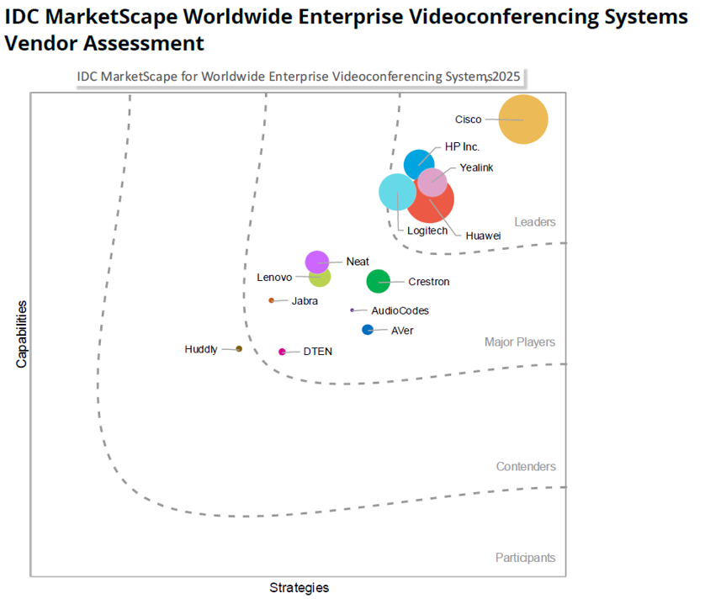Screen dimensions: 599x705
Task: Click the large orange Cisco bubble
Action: pyautogui.click(x=523, y=119)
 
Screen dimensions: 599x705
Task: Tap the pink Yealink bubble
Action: pyautogui.click(x=434, y=181)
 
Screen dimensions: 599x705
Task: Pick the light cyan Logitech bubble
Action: pyautogui.click(x=395, y=193)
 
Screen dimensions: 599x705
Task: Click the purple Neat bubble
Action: pyautogui.click(x=316, y=262)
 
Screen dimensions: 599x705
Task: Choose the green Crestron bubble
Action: pyautogui.click(x=379, y=281)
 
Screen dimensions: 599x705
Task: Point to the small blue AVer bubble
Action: pyautogui.click(x=368, y=330)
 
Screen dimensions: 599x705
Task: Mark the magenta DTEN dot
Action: pyautogui.click(x=283, y=352)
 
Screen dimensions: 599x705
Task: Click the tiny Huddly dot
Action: pyautogui.click(x=239, y=348)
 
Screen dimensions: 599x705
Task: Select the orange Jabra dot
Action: pyautogui.click(x=271, y=300)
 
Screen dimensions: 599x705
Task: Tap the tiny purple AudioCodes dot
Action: pyautogui.click(x=352, y=310)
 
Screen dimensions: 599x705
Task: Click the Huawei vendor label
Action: pyautogui.click(x=483, y=236)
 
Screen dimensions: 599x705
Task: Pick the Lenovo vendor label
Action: pyautogui.click(x=274, y=277)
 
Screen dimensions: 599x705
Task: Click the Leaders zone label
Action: pyautogui.click(x=535, y=222)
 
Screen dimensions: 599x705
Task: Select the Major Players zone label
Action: pyautogui.click(x=520, y=342)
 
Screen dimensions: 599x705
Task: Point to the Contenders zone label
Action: pyautogui.click(x=526, y=467)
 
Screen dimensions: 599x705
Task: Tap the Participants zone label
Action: pyautogui.click(x=525, y=558)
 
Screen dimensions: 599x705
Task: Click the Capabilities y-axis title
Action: pyautogui.click(x=22, y=334)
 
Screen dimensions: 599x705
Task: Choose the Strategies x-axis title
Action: pyautogui.click(x=299, y=587)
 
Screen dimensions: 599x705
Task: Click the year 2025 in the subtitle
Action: pyautogui.click(x=506, y=77)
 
